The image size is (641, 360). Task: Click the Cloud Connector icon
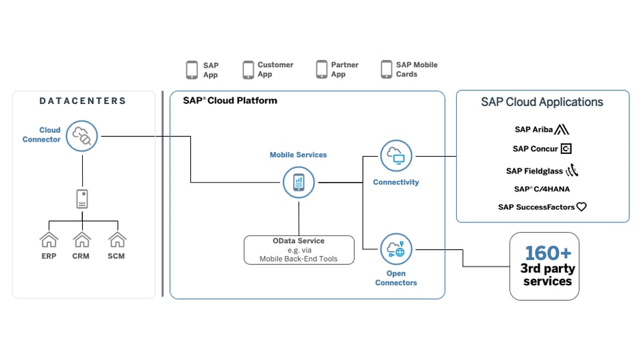(82, 136)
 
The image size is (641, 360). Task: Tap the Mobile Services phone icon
(299, 183)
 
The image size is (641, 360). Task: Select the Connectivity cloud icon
(396, 156)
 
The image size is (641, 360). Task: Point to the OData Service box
(299, 250)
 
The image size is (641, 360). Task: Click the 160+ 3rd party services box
(544, 266)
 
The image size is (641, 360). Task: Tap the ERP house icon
(49, 240)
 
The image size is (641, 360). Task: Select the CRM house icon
(81, 240)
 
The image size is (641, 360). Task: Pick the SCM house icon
(117, 240)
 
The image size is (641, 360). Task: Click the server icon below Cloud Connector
(82, 199)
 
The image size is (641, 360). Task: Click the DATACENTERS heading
(83, 101)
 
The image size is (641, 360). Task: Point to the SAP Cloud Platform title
(229, 101)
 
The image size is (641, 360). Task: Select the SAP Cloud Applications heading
(542, 102)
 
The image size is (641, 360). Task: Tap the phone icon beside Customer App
(248, 70)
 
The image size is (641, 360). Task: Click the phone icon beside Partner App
(321, 70)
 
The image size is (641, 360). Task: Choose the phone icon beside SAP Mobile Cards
(386, 70)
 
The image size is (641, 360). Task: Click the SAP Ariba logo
(542, 129)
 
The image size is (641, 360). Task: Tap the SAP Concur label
(535, 149)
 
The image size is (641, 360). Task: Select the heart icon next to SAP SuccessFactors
(581, 207)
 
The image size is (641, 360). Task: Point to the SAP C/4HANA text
(542, 189)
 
